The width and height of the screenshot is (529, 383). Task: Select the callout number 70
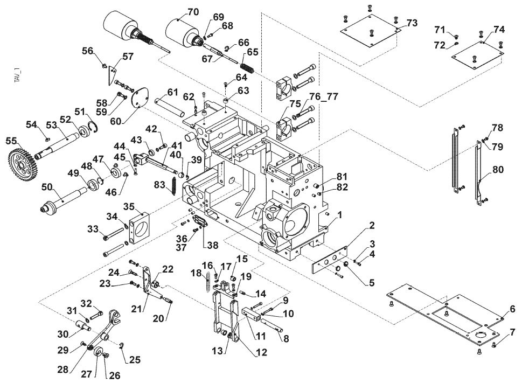193,12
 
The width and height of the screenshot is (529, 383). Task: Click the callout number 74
499,30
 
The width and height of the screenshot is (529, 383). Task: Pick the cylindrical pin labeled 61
170,106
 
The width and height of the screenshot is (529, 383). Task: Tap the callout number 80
498,169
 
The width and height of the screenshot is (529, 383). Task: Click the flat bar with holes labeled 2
330,260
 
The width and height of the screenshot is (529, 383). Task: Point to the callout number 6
512,309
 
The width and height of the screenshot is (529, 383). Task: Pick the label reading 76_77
323,97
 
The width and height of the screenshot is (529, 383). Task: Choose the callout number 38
213,245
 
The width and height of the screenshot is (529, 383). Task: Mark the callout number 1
340,215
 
